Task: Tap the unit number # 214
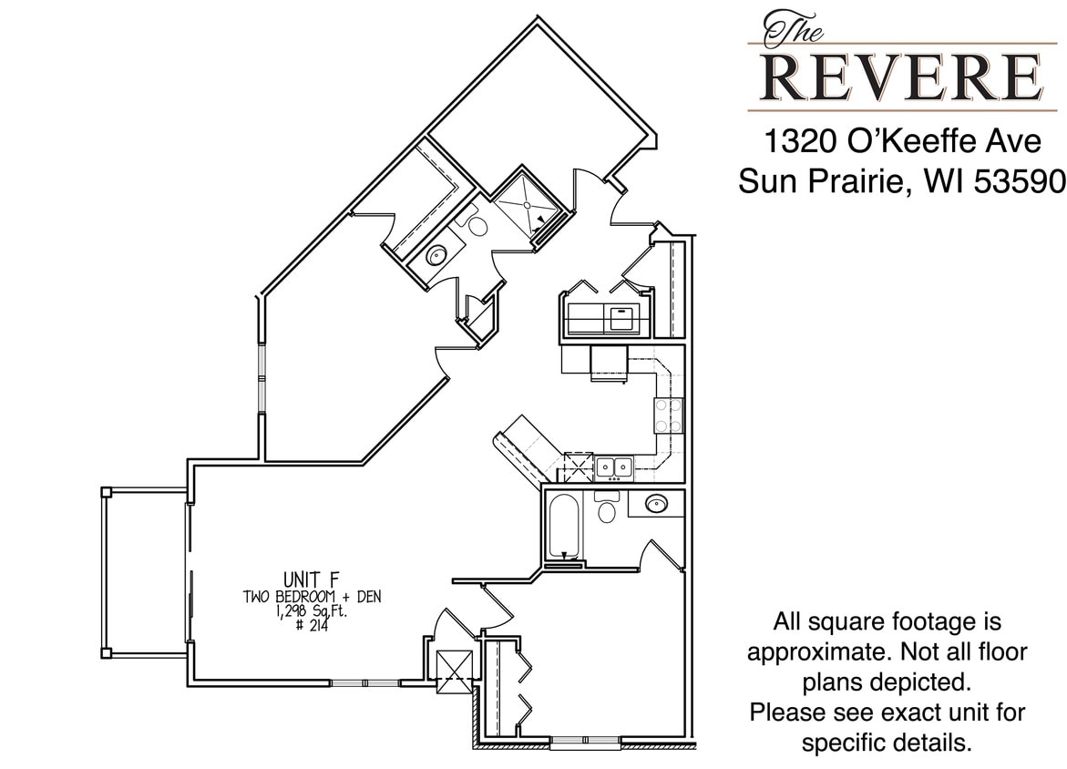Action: [312, 626]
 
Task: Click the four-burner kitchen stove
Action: [668, 415]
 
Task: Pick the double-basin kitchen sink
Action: [614, 467]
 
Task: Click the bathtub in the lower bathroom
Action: [563, 527]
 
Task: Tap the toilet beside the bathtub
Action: [606, 509]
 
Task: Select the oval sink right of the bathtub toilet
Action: [655, 503]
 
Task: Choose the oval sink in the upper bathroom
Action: [436, 256]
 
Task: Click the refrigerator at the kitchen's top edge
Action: [608, 362]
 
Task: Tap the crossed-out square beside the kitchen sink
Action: [578, 467]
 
